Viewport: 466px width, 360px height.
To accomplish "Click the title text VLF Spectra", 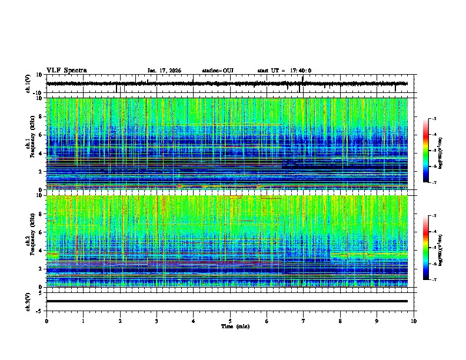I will [66, 70].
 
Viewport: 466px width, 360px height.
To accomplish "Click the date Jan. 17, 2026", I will [164, 71].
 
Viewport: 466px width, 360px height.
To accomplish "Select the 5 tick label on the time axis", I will [230, 321].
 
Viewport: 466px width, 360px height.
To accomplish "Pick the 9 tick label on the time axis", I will [377, 321].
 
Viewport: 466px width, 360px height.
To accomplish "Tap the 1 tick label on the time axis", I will [83, 321].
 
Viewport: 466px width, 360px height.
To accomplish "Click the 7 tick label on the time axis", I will [304, 321].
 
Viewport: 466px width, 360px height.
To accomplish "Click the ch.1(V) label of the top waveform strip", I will [28, 84].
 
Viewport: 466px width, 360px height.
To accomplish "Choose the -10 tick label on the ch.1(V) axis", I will [37, 93].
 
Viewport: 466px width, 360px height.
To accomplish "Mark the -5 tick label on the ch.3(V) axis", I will [38, 309].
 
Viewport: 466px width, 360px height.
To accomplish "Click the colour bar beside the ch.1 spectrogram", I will [425, 151].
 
